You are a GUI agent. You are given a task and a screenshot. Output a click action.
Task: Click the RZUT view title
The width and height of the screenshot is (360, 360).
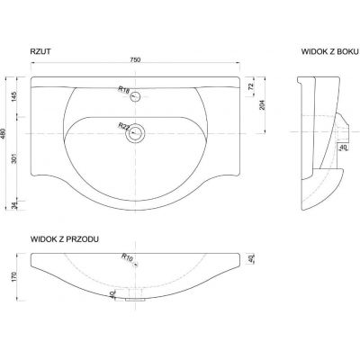tap(40, 51)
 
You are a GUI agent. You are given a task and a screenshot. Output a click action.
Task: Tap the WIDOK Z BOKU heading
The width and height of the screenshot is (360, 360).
tap(330, 51)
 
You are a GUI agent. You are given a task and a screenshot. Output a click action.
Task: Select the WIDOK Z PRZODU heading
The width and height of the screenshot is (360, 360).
tap(65, 239)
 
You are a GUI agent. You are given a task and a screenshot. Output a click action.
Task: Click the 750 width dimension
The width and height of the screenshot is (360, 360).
tap(135, 59)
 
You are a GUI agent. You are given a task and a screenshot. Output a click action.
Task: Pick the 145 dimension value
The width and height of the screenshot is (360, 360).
tap(14, 96)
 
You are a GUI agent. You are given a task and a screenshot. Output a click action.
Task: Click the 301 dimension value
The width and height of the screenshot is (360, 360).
tap(14, 158)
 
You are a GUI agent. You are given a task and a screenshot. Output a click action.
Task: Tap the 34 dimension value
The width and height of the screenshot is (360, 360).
tap(14, 205)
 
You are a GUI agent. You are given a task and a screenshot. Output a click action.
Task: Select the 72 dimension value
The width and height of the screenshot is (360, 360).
tap(251, 86)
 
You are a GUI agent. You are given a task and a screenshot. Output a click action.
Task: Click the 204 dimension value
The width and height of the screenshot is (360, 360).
tap(262, 104)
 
